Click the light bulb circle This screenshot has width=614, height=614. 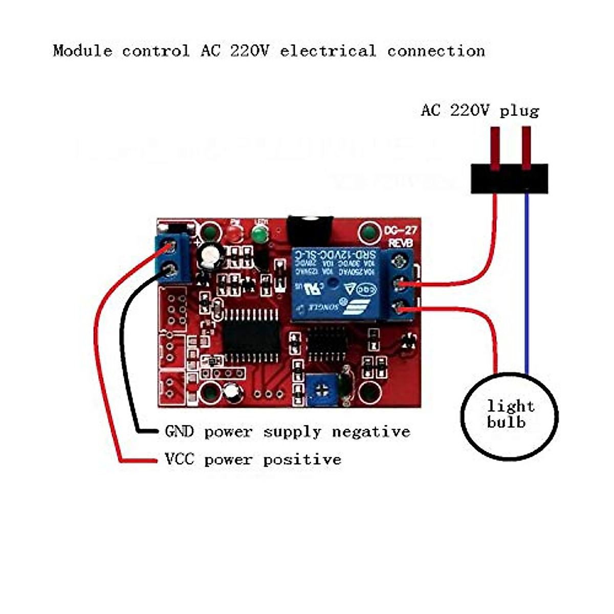pos(509,415)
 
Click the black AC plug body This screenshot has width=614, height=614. pos(509,179)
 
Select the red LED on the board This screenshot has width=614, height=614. pos(235,234)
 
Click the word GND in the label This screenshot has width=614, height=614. pos(179,432)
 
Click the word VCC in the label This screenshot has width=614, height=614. pos(179,459)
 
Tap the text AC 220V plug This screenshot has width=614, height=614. pos(479,111)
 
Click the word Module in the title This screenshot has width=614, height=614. pos(82,51)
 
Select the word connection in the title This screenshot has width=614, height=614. pos(435,51)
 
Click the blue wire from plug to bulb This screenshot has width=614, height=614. pos(527,281)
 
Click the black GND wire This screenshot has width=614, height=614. pos(123,358)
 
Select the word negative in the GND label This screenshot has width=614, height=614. pos(371,432)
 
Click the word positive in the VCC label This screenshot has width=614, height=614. pos(302,459)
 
